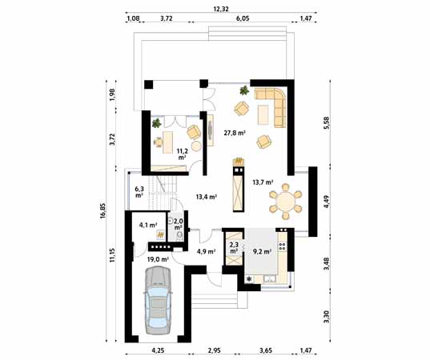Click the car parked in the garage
(x=156, y=300)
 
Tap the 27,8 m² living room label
(x=234, y=133)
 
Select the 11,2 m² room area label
(x=182, y=154)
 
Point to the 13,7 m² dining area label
(x=263, y=182)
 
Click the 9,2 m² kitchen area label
(x=261, y=250)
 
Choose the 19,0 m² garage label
(x=157, y=259)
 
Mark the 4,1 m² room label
(x=147, y=225)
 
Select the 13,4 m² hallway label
(x=207, y=196)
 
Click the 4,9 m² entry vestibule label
(x=205, y=251)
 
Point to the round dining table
(x=285, y=203)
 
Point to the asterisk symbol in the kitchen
(x=250, y=278)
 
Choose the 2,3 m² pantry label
(x=234, y=248)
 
